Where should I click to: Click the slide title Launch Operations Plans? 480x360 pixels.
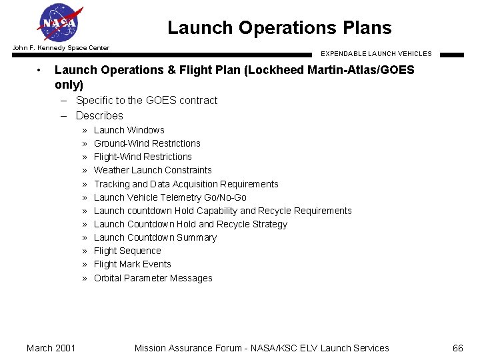(x=279, y=28)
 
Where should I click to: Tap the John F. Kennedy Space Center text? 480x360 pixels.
(x=61, y=48)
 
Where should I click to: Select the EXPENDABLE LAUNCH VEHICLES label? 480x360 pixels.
(x=376, y=53)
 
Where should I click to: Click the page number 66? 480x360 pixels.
(x=457, y=348)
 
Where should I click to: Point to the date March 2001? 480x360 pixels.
(x=51, y=348)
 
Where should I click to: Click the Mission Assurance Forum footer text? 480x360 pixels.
(x=261, y=348)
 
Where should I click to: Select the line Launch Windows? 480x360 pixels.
(x=129, y=130)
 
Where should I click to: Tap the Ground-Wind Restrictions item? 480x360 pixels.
(x=147, y=143)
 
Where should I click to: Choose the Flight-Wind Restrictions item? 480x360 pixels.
(x=143, y=157)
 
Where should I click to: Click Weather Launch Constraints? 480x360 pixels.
(x=153, y=170)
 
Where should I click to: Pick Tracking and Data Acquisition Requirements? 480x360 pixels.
(x=186, y=184)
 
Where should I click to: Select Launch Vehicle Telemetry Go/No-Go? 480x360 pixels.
(x=170, y=197)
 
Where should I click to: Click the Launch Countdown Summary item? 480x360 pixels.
(x=155, y=237)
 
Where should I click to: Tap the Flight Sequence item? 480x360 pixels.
(x=127, y=251)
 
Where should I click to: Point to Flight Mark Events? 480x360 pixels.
(x=132, y=264)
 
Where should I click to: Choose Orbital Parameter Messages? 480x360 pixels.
(x=153, y=278)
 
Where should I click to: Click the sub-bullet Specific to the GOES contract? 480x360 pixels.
(x=147, y=101)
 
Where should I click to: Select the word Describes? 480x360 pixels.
(x=99, y=115)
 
